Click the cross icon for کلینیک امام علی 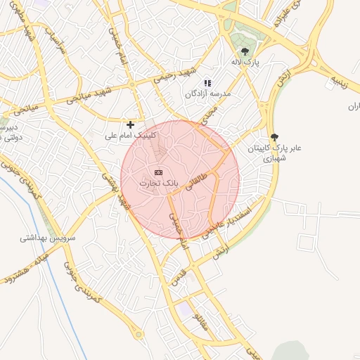pyautogui.click(x=130, y=124)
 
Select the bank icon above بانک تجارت pyautogui.click(x=158, y=172)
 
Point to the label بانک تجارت pyautogui.click(x=158, y=183)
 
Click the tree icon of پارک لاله pyautogui.click(x=245, y=51)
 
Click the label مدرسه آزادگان pyautogui.click(x=207, y=93)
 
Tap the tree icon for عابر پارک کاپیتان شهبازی pyautogui.click(x=274, y=138)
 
